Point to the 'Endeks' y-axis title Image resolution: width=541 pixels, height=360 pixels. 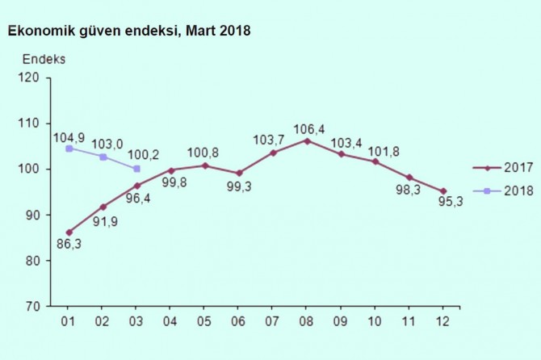tap(44, 60)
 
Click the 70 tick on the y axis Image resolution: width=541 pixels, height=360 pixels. tap(32, 307)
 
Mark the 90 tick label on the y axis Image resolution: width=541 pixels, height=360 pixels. tap(32, 216)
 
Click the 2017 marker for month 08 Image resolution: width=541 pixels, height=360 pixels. tap(308, 140)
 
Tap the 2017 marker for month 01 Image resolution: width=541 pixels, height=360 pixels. tap(69, 232)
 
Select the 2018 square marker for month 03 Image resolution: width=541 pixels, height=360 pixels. tap(137, 169)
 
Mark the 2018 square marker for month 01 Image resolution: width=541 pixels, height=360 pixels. tap(69, 148)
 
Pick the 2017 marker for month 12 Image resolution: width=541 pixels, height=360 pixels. tap(443, 191)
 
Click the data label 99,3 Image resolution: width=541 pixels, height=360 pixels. tap(240, 189)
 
